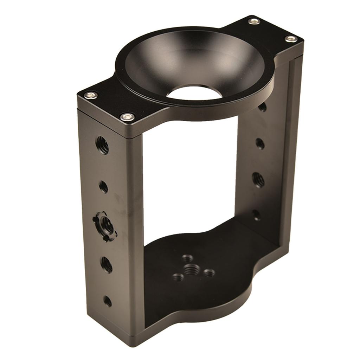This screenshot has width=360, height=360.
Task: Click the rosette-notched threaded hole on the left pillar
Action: pyautogui.click(x=105, y=224)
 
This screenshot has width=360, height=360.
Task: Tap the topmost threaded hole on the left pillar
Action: pyautogui.click(x=102, y=145)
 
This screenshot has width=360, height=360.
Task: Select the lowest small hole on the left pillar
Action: pyautogui.click(x=107, y=301)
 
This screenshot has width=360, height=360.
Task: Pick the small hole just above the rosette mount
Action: pyautogui.click(x=103, y=187)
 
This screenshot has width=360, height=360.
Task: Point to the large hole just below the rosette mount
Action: pyautogui.click(x=107, y=264)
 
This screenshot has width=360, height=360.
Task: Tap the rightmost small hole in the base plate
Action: pyautogui.click(x=209, y=273)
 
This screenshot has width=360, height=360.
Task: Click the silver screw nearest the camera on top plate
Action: pyautogui.click(x=127, y=117)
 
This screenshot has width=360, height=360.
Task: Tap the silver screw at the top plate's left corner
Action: pyautogui.click(x=91, y=95)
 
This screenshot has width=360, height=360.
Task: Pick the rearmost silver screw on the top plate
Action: pyautogui.click(x=254, y=21)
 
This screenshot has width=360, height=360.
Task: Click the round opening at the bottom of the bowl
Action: pyautogui.click(x=194, y=92)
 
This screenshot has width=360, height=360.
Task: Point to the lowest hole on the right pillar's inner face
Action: pyautogui.click(x=256, y=215)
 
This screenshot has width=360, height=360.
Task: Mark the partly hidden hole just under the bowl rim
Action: pyautogui.click(x=262, y=107)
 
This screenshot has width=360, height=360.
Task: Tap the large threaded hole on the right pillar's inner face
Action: pyautogui.click(x=258, y=180)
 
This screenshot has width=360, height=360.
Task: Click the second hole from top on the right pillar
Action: pyautogui.click(x=259, y=143)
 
